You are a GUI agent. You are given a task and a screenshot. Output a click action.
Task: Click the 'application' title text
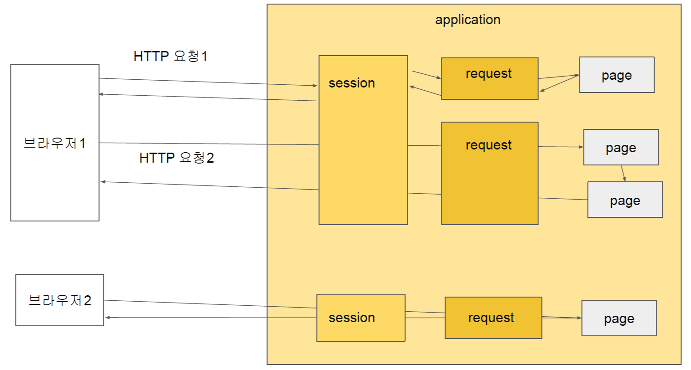(x=468, y=20)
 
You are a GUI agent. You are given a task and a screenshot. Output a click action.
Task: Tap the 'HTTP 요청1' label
(x=171, y=56)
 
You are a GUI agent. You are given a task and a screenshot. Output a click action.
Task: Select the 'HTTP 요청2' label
(x=176, y=158)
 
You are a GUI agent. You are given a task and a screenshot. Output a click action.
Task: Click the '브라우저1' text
(x=55, y=143)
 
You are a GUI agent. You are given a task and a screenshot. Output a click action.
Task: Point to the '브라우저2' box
(x=60, y=300)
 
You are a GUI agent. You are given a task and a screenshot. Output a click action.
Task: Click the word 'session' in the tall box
(x=352, y=83)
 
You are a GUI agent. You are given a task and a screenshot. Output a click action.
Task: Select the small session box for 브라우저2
(x=361, y=318)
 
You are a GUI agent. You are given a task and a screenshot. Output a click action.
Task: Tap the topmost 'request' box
(x=490, y=78)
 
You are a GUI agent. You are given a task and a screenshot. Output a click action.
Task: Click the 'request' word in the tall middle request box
(x=489, y=145)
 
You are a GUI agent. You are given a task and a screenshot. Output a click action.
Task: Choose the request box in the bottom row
(x=493, y=318)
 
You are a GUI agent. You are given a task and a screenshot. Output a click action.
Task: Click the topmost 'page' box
(x=617, y=75)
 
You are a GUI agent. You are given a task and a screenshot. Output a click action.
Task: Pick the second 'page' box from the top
(x=621, y=147)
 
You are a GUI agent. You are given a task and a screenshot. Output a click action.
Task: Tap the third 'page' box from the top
(x=625, y=200)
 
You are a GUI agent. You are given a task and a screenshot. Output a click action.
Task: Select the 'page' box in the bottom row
(x=619, y=318)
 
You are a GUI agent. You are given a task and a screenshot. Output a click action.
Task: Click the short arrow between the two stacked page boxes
(x=623, y=174)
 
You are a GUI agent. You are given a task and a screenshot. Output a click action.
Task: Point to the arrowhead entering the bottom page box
(x=579, y=318)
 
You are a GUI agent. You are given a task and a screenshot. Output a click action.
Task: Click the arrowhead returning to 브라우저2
(x=107, y=317)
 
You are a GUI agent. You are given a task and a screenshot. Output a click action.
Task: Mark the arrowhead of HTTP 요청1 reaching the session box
(x=315, y=86)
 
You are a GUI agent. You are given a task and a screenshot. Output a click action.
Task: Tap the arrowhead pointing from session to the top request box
(x=439, y=77)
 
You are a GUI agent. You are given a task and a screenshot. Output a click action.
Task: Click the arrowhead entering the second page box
(x=581, y=147)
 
